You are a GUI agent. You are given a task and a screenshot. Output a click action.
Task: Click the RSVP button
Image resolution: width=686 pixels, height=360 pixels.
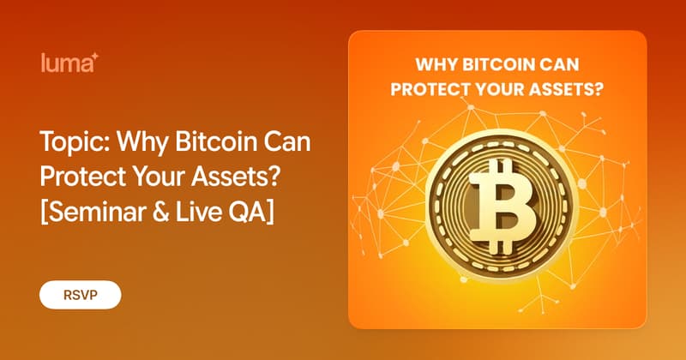click(81, 295)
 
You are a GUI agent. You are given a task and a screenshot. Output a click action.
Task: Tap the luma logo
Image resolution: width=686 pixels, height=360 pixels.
click(69, 63)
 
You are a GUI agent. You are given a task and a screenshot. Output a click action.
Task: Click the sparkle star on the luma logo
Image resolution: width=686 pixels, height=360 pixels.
click(95, 57)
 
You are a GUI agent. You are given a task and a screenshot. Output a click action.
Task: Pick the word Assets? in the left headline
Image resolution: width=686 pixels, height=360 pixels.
click(235, 177)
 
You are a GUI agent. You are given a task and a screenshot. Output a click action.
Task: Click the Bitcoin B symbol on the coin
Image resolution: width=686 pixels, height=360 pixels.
click(502, 207)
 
